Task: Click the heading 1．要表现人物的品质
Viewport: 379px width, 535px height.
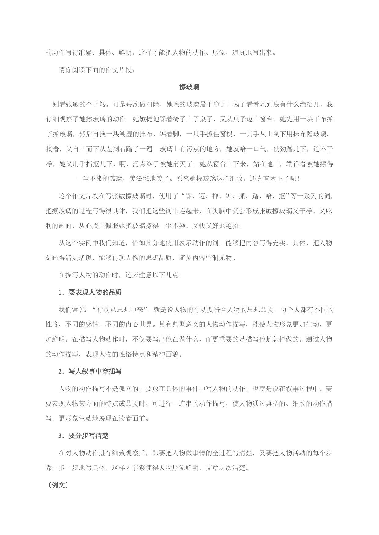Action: [90, 293]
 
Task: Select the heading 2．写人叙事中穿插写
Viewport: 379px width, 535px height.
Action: [90, 372]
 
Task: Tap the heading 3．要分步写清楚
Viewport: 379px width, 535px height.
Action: [83, 436]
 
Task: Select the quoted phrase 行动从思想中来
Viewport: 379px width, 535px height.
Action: [120, 310]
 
